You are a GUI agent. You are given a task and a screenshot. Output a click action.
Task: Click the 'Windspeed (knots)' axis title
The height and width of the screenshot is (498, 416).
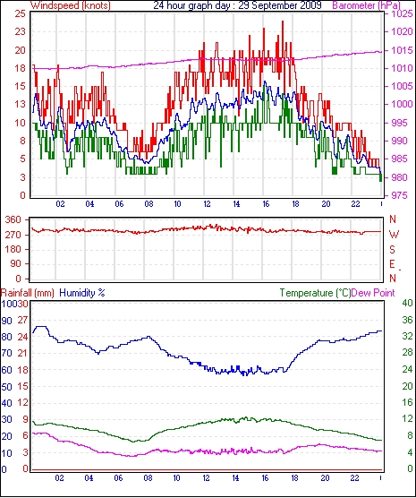coord(71,5)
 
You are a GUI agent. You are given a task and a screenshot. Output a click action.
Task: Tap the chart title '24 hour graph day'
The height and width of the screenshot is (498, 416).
coord(193,5)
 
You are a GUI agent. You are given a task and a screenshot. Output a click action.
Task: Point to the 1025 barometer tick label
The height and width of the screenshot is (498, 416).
coord(402,13)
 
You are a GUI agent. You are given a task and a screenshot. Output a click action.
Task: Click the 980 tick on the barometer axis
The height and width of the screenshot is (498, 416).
coord(401,177)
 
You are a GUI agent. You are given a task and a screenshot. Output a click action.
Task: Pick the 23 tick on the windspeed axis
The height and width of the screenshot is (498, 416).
coord(21,31)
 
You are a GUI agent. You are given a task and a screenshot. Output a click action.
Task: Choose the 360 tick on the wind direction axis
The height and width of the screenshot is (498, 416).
coord(13,219)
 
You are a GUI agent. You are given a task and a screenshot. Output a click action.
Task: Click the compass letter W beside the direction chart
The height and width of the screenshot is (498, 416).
coord(394,235)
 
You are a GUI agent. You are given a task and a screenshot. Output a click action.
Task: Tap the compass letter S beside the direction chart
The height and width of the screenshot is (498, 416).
coord(393,250)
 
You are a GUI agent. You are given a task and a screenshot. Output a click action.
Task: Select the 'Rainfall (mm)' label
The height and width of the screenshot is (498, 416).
coord(28,293)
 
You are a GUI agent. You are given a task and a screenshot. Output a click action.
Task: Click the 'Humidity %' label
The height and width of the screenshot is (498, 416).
coord(82,293)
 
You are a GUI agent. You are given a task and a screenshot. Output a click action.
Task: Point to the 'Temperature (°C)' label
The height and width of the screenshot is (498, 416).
coord(315,293)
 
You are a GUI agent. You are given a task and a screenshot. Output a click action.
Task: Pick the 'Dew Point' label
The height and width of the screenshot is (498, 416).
coord(373,293)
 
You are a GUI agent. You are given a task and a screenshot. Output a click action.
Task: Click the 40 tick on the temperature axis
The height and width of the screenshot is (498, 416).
coord(407,303)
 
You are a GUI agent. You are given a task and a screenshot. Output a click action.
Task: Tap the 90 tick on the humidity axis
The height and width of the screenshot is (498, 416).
coord(6,321)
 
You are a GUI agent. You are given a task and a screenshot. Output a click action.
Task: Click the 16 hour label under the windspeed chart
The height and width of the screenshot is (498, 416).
coord(266,204)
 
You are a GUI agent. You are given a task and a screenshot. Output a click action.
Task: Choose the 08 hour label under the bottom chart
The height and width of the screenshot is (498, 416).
coord(148,477)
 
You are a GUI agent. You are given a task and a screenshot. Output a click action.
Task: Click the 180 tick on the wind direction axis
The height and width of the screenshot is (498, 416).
coord(13,249)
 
